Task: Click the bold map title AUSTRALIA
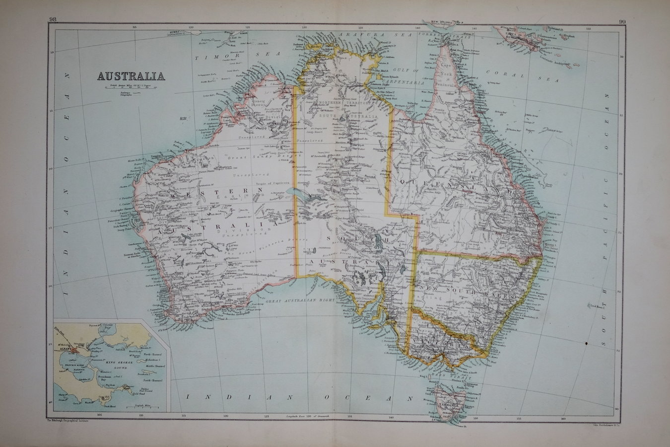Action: [x=131, y=76]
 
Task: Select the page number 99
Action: [x=622, y=21]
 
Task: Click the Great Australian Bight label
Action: [x=298, y=301]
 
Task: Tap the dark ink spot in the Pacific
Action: [x=587, y=342]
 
